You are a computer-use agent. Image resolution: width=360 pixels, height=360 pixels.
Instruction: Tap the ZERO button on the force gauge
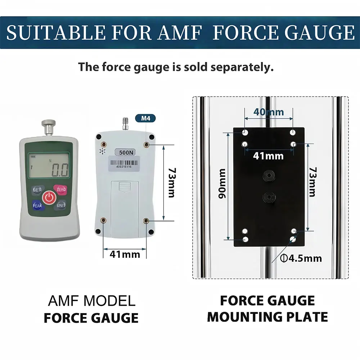pyautogui.click(x=60, y=189)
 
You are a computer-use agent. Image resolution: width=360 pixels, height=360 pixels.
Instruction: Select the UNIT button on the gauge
pyautogui.click(x=60, y=205)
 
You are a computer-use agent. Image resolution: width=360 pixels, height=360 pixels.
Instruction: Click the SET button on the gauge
pyautogui.click(x=37, y=189)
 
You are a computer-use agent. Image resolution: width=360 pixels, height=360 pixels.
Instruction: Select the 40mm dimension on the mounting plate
pyautogui.click(x=269, y=112)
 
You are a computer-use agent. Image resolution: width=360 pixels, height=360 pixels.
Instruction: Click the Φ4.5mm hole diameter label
pyautogui.click(x=301, y=258)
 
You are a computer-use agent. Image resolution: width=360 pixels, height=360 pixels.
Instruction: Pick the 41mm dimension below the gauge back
pyautogui.click(x=125, y=254)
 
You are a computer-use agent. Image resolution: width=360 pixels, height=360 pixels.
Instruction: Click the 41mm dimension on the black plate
pyautogui.click(x=268, y=156)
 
